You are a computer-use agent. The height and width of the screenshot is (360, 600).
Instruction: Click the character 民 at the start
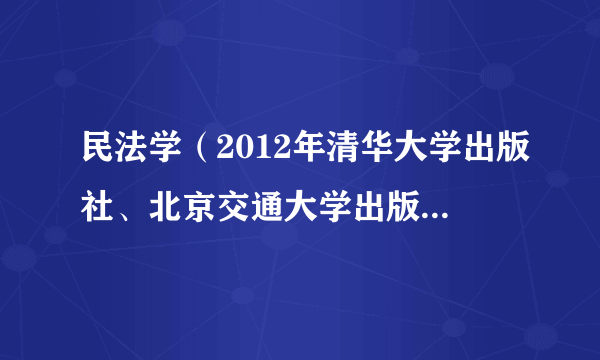(x=100, y=159)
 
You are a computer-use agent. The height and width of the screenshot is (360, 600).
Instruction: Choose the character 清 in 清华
(x=338, y=159)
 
